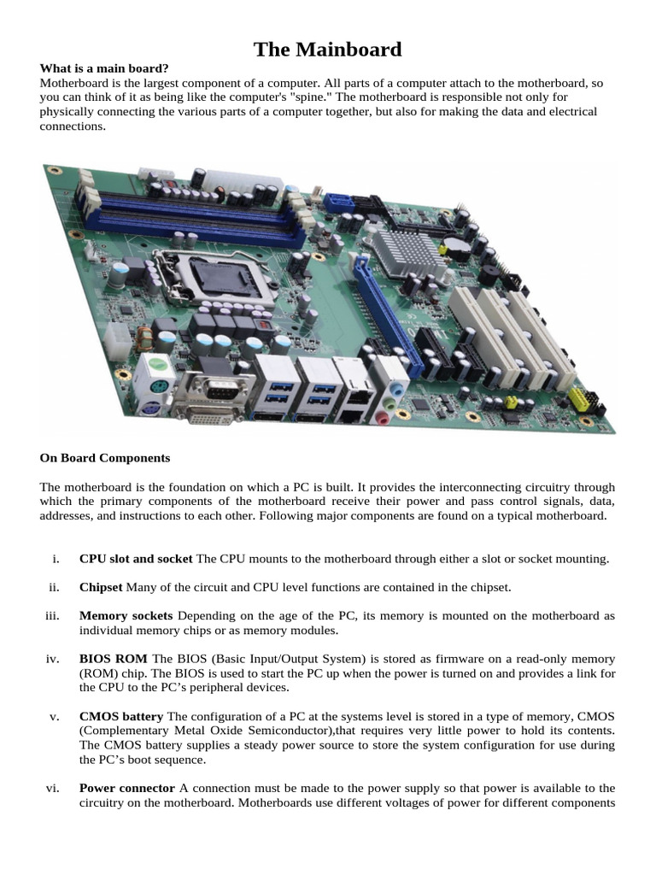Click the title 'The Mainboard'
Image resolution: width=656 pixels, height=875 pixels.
327,50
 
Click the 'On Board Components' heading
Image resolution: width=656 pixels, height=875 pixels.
105,458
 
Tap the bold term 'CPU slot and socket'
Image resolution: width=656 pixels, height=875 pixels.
136,559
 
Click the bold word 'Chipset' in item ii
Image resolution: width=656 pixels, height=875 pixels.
102,587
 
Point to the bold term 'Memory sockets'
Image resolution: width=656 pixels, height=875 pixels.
126,615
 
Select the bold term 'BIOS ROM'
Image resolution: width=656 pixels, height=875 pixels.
113,659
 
